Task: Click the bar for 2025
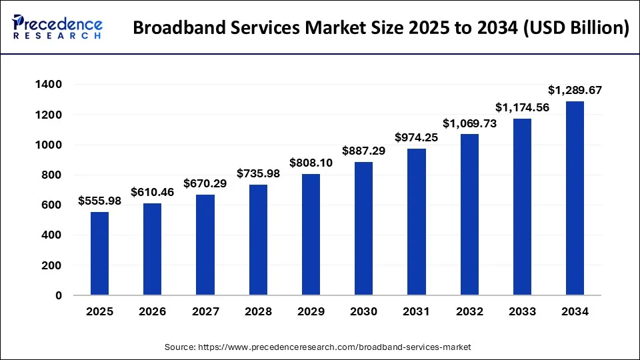99,253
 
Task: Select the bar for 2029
311,234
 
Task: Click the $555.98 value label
99,200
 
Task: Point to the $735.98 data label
258,173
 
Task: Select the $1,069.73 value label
469,123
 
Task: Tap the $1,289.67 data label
575,89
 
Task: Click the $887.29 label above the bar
363,151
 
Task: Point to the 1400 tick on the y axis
49,85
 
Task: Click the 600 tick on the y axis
52,205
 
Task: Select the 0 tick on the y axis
59,295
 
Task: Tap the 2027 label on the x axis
205,312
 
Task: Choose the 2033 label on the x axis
522,312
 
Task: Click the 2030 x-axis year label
363,312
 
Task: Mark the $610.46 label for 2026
152,192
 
